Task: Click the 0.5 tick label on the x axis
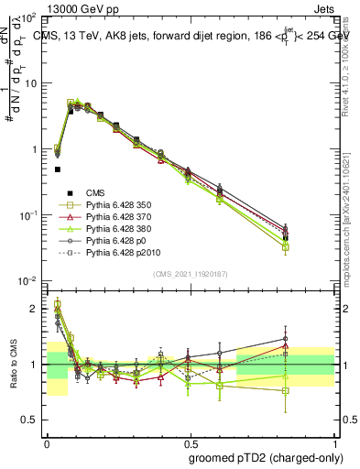tap(191, 442)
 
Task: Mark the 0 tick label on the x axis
tap(47, 442)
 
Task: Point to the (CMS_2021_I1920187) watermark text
tap(191, 274)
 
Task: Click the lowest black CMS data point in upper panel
tap(58, 169)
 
